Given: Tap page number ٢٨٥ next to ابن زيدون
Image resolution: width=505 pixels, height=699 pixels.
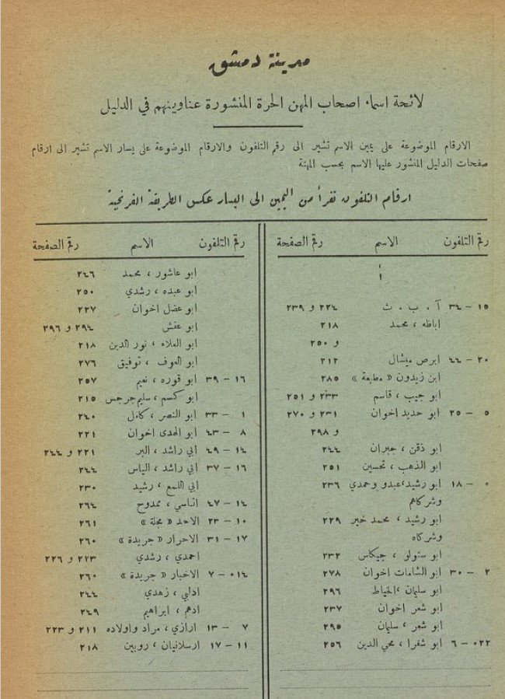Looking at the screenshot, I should pyautogui.click(x=333, y=378).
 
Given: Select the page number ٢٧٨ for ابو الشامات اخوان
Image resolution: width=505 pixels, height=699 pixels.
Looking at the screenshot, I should pyautogui.click(x=333, y=573).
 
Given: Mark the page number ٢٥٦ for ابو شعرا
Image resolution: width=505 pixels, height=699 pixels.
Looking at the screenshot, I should pyautogui.click(x=333, y=645).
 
